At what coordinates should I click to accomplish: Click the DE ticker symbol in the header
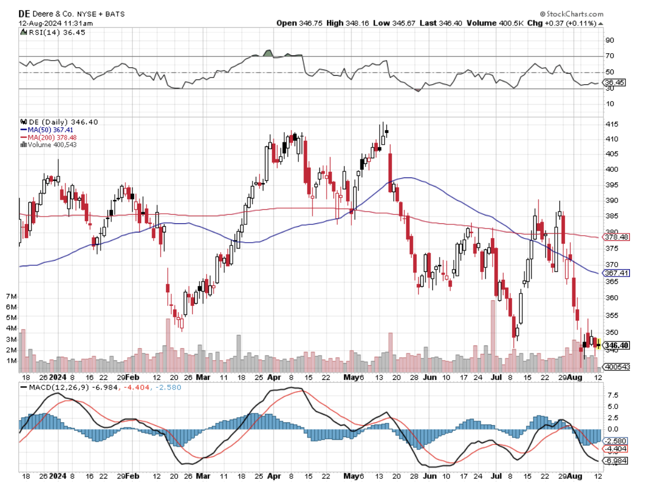24,14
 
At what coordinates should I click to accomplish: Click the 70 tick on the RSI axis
610,57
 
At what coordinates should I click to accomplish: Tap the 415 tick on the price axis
611,124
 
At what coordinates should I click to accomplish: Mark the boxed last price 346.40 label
616,345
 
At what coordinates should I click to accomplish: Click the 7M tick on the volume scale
11,297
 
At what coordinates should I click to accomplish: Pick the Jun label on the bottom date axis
431,477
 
